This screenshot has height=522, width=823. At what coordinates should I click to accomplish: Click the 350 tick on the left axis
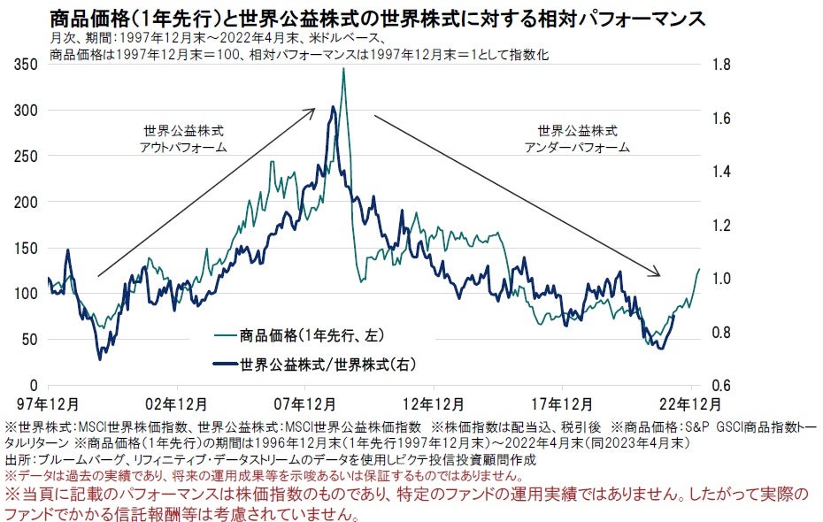[x=27, y=65]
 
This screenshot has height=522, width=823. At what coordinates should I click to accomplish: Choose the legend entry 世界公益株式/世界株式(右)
[x=327, y=363]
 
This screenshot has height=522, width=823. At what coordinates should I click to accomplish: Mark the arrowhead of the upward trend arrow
[x=313, y=111]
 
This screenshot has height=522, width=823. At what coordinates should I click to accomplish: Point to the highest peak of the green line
[x=342, y=69]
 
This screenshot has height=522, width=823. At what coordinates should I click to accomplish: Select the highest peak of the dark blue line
[x=332, y=108]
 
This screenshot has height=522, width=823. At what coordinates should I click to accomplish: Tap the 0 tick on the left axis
[x=35, y=386]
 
